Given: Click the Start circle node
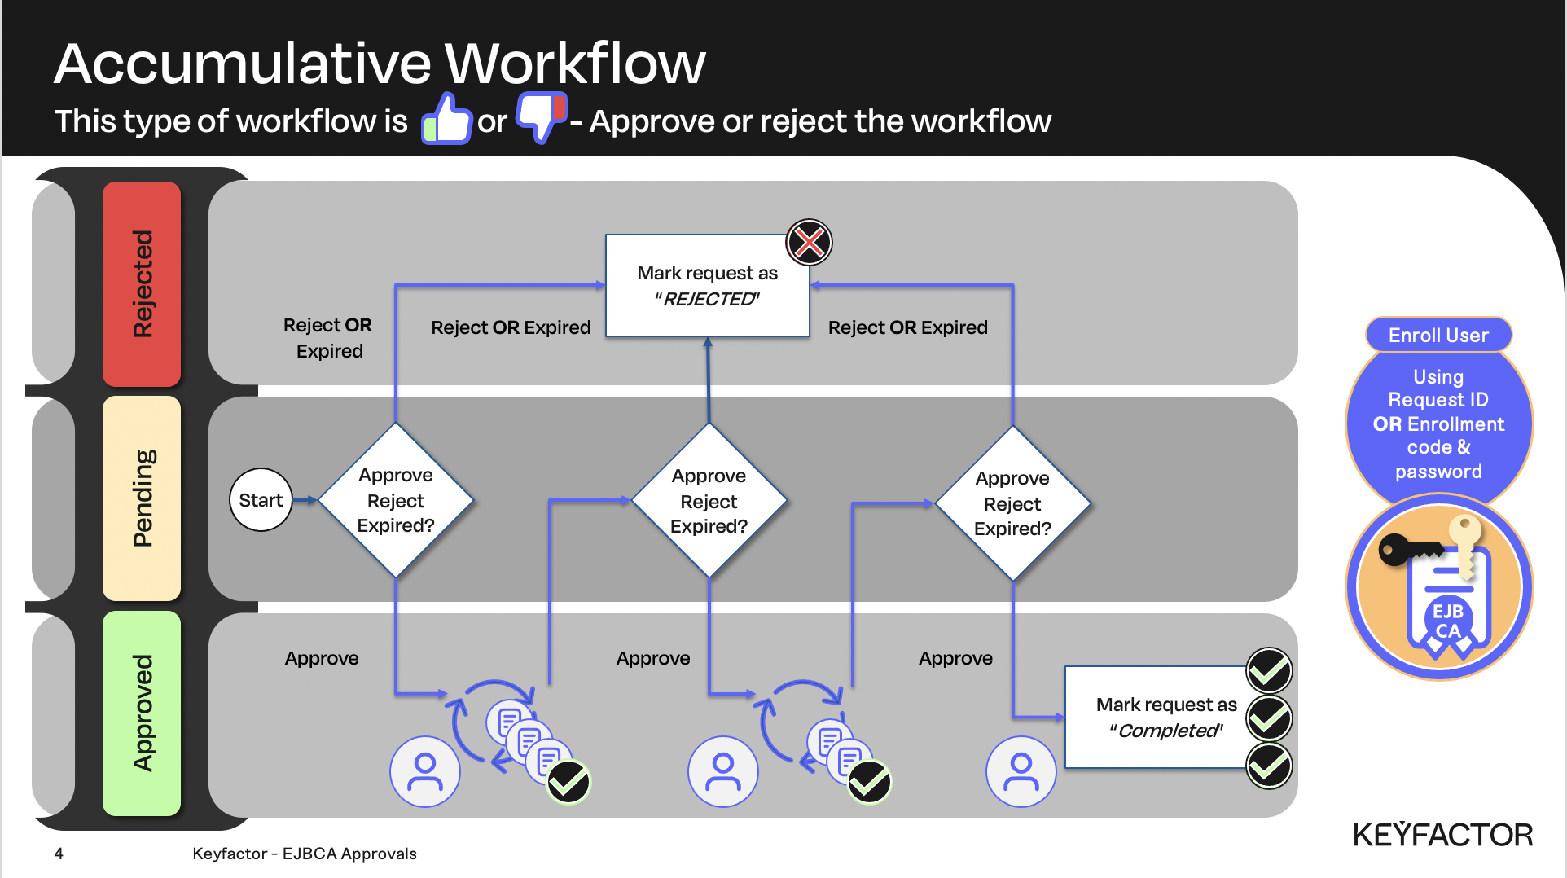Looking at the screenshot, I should pos(261,500).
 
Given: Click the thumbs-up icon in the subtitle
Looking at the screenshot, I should pos(446,119).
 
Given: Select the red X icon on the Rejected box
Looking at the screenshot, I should pos(809,242).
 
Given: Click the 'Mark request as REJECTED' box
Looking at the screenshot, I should pos(707,286).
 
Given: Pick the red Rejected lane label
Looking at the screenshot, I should pos(142,283).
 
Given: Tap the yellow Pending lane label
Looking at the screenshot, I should pos(142,498).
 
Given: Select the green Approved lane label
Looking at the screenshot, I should pos(142,713).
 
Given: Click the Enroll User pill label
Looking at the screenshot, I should pos(1438,335).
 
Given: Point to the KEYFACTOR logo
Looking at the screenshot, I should pos(1442,835).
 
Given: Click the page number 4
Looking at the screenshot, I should pos(59,854).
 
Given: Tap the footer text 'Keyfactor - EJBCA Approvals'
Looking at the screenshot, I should pos(305,854).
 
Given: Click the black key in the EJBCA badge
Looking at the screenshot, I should pos(1405,550).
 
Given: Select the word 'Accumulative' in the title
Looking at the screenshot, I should pos(243,64).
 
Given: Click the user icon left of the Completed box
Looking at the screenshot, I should pos(1021,771).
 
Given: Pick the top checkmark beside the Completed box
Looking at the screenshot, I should pos(1269,670).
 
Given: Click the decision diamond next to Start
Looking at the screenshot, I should pos(396,500).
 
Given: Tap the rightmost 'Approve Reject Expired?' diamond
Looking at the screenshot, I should pos(1012,503).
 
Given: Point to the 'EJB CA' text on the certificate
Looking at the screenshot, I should pos(1448,621).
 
